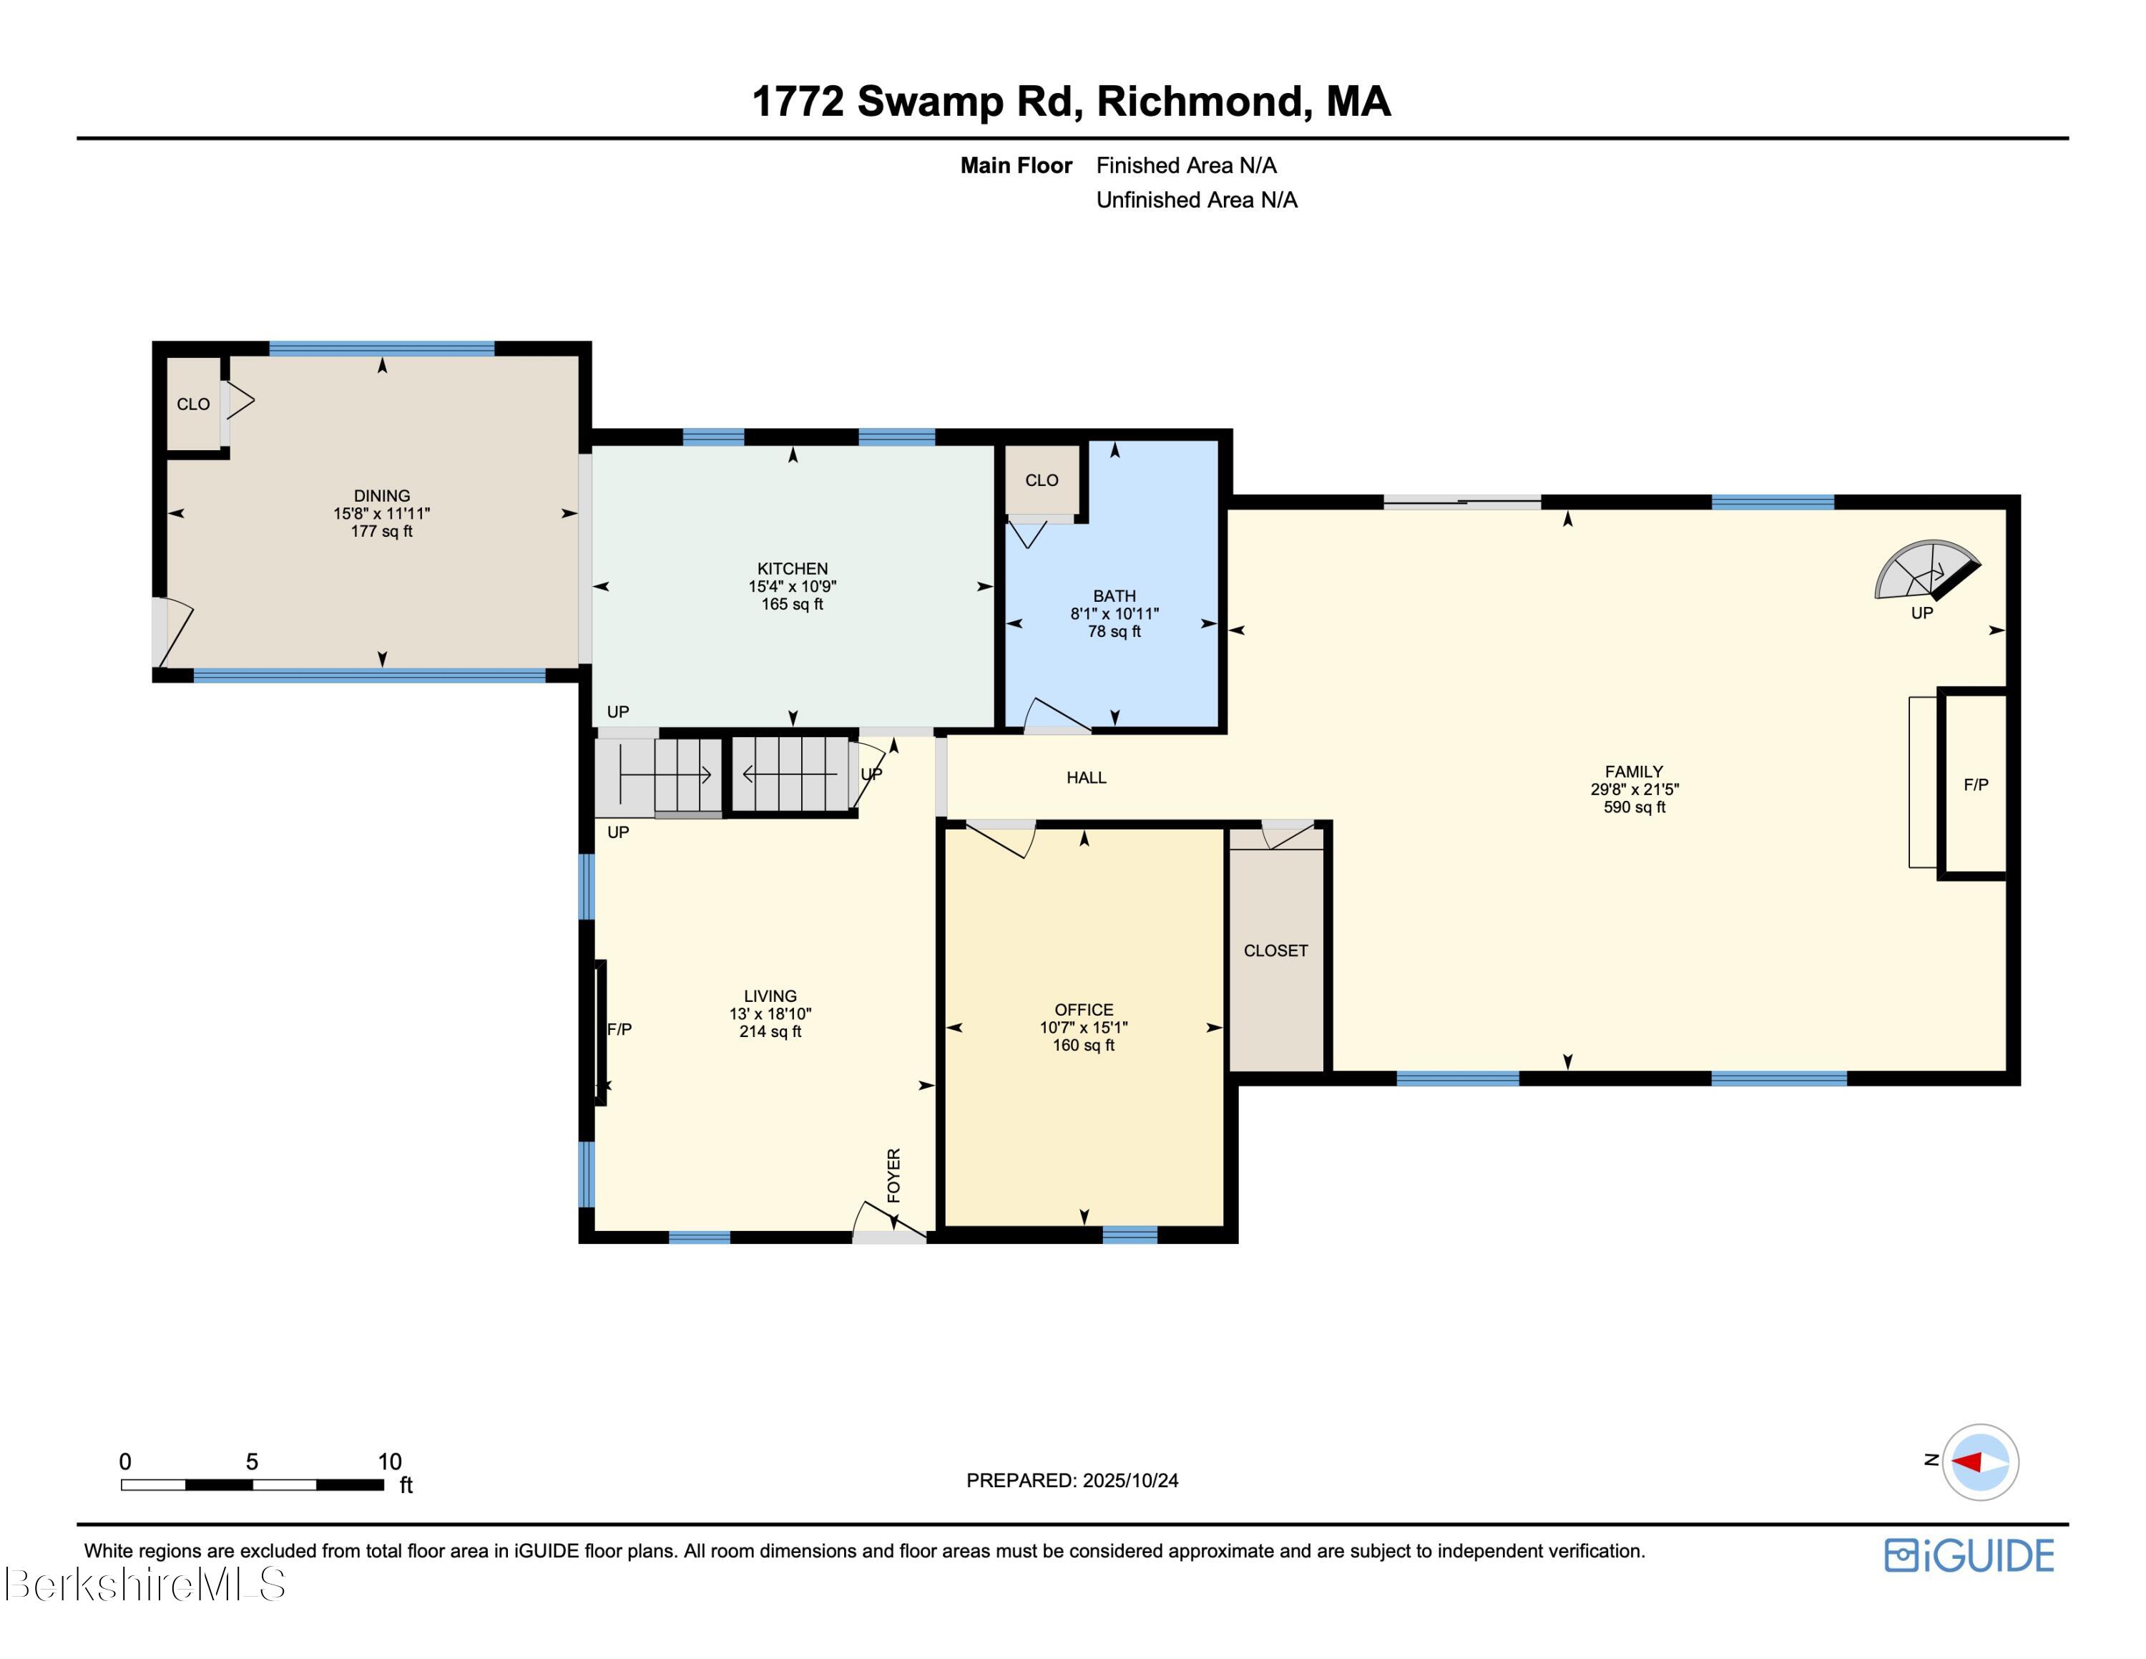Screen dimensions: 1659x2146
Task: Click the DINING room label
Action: pyautogui.click(x=381, y=495)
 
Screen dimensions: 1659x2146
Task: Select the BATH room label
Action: pyautogui.click(x=1114, y=595)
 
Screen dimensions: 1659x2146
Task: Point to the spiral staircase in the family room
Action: pyautogui.click(x=1924, y=570)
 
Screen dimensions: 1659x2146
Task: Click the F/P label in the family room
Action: pyautogui.click(x=1975, y=784)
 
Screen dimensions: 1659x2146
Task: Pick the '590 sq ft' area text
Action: pyautogui.click(x=1634, y=807)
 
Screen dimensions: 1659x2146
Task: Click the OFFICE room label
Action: pyautogui.click(x=1083, y=1009)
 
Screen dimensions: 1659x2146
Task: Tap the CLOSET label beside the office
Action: pyautogui.click(x=1275, y=950)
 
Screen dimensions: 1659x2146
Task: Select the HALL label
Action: pyautogui.click(x=1086, y=777)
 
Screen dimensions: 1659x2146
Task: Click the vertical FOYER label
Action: pyautogui.click(x=893, y=1174)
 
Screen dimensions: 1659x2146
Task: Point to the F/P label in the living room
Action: pyautogui.click(x=619, y=1029)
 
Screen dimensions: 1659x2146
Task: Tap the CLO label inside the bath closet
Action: pyautogui.click(x=1042, y=480)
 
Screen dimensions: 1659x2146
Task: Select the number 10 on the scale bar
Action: pyautogui.click(x=389, y=1461)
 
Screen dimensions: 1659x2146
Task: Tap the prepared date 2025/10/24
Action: pyautogui.click(x=1130, y=1480)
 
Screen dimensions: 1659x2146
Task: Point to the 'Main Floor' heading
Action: pyautogui.click(x=1015, y=165)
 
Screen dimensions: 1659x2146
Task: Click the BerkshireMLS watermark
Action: pyautogui.click(x=144, y=1585)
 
